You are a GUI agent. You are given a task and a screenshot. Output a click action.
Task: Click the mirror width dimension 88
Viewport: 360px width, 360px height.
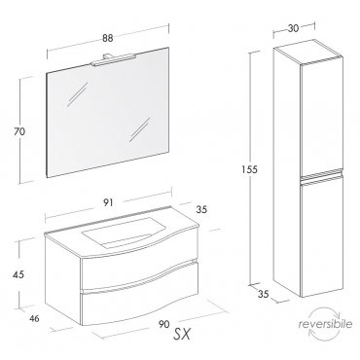tap(108, 38)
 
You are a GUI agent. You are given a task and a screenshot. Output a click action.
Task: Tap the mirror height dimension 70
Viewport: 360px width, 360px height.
tap(19, 131)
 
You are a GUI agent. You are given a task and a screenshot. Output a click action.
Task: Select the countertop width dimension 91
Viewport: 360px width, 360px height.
tap(108, 202)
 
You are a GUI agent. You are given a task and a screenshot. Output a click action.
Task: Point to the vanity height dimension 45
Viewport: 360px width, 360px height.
tap(18, 274)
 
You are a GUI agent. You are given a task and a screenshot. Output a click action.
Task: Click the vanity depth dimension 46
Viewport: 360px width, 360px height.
tap(34, 319)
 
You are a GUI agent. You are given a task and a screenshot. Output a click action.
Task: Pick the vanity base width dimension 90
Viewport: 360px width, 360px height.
tap(164, 324)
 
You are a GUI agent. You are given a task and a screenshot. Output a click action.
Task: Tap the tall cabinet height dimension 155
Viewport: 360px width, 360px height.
tap(249, 169)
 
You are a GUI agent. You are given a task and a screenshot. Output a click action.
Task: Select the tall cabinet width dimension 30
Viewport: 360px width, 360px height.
tap(293, 28)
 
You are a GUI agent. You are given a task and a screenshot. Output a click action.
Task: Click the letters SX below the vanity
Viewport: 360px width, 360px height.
tap(182, 334)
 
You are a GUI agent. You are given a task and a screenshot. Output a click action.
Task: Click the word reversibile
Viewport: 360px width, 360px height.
tap(325, 324)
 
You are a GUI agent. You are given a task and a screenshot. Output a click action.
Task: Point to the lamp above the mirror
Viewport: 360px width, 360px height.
tap(113, 59)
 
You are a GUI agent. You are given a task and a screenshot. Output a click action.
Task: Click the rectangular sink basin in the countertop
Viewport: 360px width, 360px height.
tap(123, 233)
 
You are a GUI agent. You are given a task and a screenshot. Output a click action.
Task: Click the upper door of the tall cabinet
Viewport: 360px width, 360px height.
tap(322, 118)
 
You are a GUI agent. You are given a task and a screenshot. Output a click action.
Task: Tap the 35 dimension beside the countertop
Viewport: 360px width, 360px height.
tap(201, 209)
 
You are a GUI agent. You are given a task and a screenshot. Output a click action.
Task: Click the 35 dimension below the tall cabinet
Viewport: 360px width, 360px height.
tap(264, 294)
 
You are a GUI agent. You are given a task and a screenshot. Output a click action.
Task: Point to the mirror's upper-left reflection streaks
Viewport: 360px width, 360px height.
tap(78, 94)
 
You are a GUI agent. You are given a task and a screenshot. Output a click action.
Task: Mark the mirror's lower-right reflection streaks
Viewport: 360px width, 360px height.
tap(140, 129)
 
